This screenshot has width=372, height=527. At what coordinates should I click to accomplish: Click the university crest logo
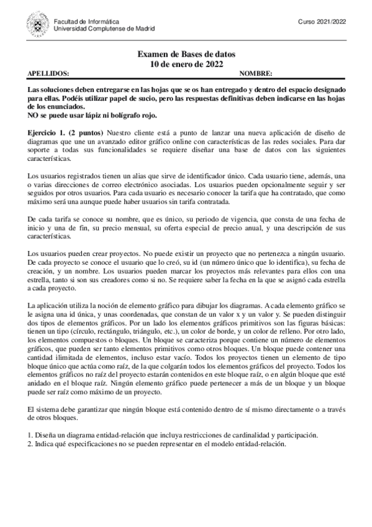[39, 25]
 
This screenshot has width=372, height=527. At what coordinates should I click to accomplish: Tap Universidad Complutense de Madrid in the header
[104, 29]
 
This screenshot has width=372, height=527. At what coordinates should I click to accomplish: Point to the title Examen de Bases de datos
[186, 55]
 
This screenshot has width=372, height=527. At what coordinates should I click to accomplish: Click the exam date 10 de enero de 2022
[186, 64]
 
